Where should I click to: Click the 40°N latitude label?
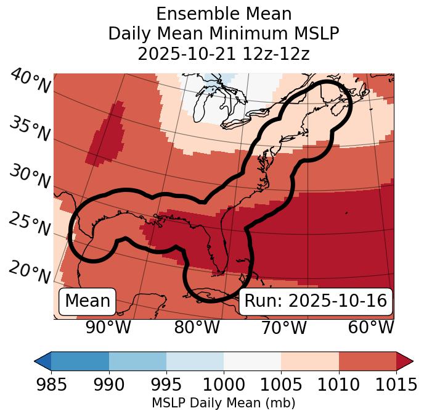(30, 82)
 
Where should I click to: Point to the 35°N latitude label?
(30, 130)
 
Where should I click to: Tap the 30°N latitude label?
(30, 178)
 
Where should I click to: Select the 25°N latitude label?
(30, 225)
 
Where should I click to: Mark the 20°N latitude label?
(30, 272)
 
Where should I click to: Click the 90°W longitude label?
(108, 328)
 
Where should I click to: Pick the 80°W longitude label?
(197, 328)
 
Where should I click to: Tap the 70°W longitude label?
(284, 328)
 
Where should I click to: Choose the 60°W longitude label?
(371, 328)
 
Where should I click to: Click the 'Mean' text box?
(88, 301)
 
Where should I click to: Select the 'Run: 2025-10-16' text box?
(316, 301)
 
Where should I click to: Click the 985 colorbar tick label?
(51, 385)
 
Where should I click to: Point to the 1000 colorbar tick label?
(224, 385)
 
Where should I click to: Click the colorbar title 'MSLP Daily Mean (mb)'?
(224, 403)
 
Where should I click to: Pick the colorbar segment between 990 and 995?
(137, 360)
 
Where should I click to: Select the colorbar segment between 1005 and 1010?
(310, 360)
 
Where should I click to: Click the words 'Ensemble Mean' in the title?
(224, 14)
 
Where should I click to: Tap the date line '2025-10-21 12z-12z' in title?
(224, 54)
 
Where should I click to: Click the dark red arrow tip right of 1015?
(404, 360)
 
